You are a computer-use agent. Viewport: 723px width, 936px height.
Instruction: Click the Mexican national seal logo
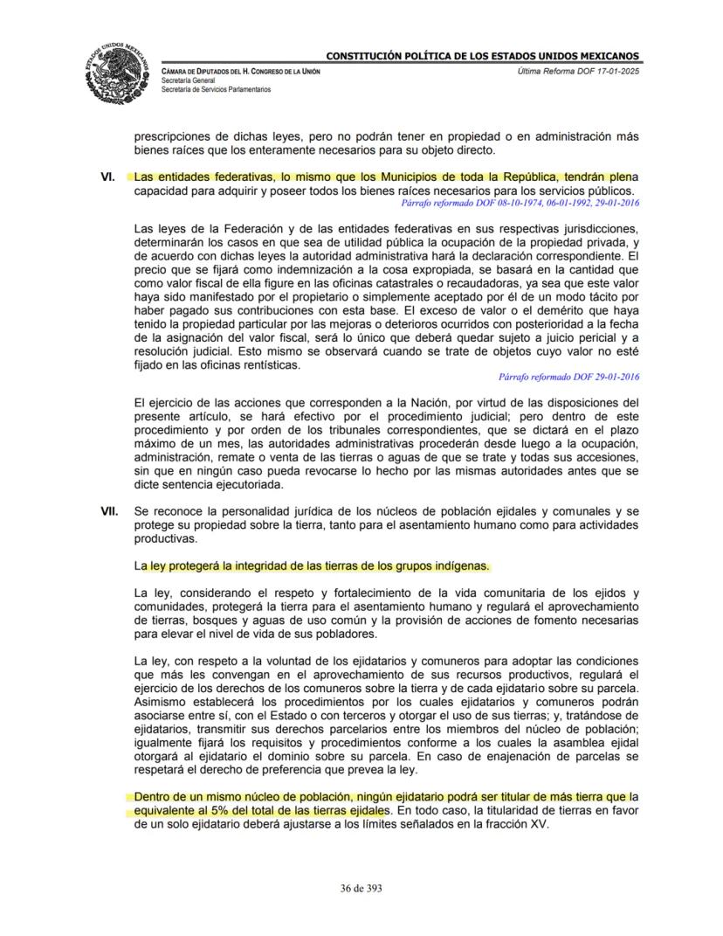point(118,73)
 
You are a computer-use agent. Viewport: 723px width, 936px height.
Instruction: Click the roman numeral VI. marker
point(108,177)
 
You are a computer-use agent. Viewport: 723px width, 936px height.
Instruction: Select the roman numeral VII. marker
point(110,510)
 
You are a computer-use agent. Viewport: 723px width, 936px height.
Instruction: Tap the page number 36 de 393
point(361,888)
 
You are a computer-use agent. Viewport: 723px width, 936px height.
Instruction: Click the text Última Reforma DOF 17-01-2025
point(578,71)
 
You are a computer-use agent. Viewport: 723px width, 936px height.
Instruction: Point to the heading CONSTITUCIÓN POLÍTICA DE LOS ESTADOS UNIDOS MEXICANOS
point(482,56)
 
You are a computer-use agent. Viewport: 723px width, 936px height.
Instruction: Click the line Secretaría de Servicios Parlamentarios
point(216,89)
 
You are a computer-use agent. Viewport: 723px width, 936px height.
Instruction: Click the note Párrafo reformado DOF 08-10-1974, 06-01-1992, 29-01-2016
point(520,202)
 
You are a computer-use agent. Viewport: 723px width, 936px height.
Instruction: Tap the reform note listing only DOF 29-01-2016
point(569,377)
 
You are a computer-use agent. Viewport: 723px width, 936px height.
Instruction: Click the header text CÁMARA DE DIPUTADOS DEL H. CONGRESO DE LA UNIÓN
point(241,71)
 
